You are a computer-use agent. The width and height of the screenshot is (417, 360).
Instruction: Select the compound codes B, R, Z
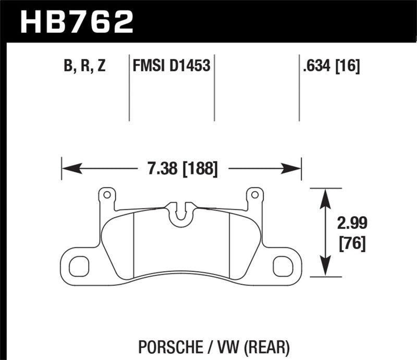[84, 66]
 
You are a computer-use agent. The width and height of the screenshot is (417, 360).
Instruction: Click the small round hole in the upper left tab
[107, 195]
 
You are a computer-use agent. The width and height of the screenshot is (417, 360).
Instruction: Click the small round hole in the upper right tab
[255, 195]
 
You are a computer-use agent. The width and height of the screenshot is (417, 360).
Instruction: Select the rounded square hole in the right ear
[283, 266]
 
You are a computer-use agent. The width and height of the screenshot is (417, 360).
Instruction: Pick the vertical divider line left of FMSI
[129, 87]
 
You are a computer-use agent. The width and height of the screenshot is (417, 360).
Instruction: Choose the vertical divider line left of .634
[299, 87]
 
